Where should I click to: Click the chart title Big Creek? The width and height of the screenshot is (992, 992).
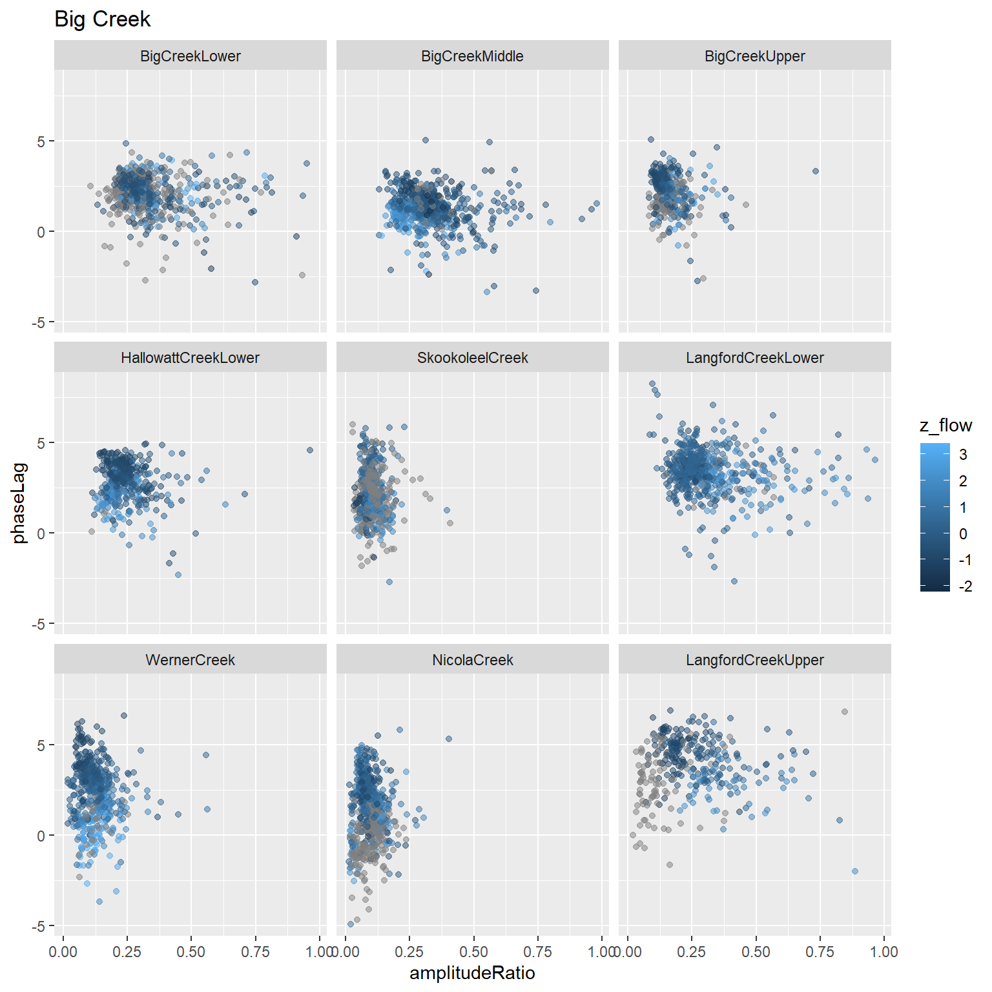[102, 19]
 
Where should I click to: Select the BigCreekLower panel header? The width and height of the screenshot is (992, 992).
[190, 56]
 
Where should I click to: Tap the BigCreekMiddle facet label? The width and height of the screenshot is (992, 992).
[472, 56]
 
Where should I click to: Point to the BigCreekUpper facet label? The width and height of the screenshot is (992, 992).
[754, 56]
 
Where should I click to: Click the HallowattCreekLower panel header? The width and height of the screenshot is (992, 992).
[190, 358]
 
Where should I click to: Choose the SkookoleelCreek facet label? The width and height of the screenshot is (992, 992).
[472, 358]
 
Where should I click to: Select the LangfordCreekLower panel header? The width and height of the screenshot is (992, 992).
[754, 358]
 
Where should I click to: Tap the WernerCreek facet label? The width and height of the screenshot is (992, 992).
[190, 660]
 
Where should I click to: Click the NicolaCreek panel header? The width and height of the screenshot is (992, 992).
[472, 660]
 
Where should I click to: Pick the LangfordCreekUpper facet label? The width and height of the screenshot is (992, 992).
[754, 660]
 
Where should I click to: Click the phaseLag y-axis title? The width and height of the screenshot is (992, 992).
[20, 503]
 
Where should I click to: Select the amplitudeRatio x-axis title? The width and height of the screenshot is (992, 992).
[472, 973]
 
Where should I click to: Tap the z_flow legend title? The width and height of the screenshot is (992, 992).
[945, 425]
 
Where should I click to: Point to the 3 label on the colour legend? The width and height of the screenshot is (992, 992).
[963, 455]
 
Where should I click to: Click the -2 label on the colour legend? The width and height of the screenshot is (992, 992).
[965, 586]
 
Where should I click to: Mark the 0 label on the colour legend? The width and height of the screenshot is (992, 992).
[963, 533]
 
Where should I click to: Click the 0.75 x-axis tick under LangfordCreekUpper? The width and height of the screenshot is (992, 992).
[820, 952]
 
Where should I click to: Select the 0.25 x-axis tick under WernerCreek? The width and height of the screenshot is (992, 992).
[127, 952]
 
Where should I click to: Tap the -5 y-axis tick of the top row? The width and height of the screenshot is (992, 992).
[41, 322]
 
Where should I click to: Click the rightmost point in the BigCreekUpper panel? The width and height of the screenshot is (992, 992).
[816, 171]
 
